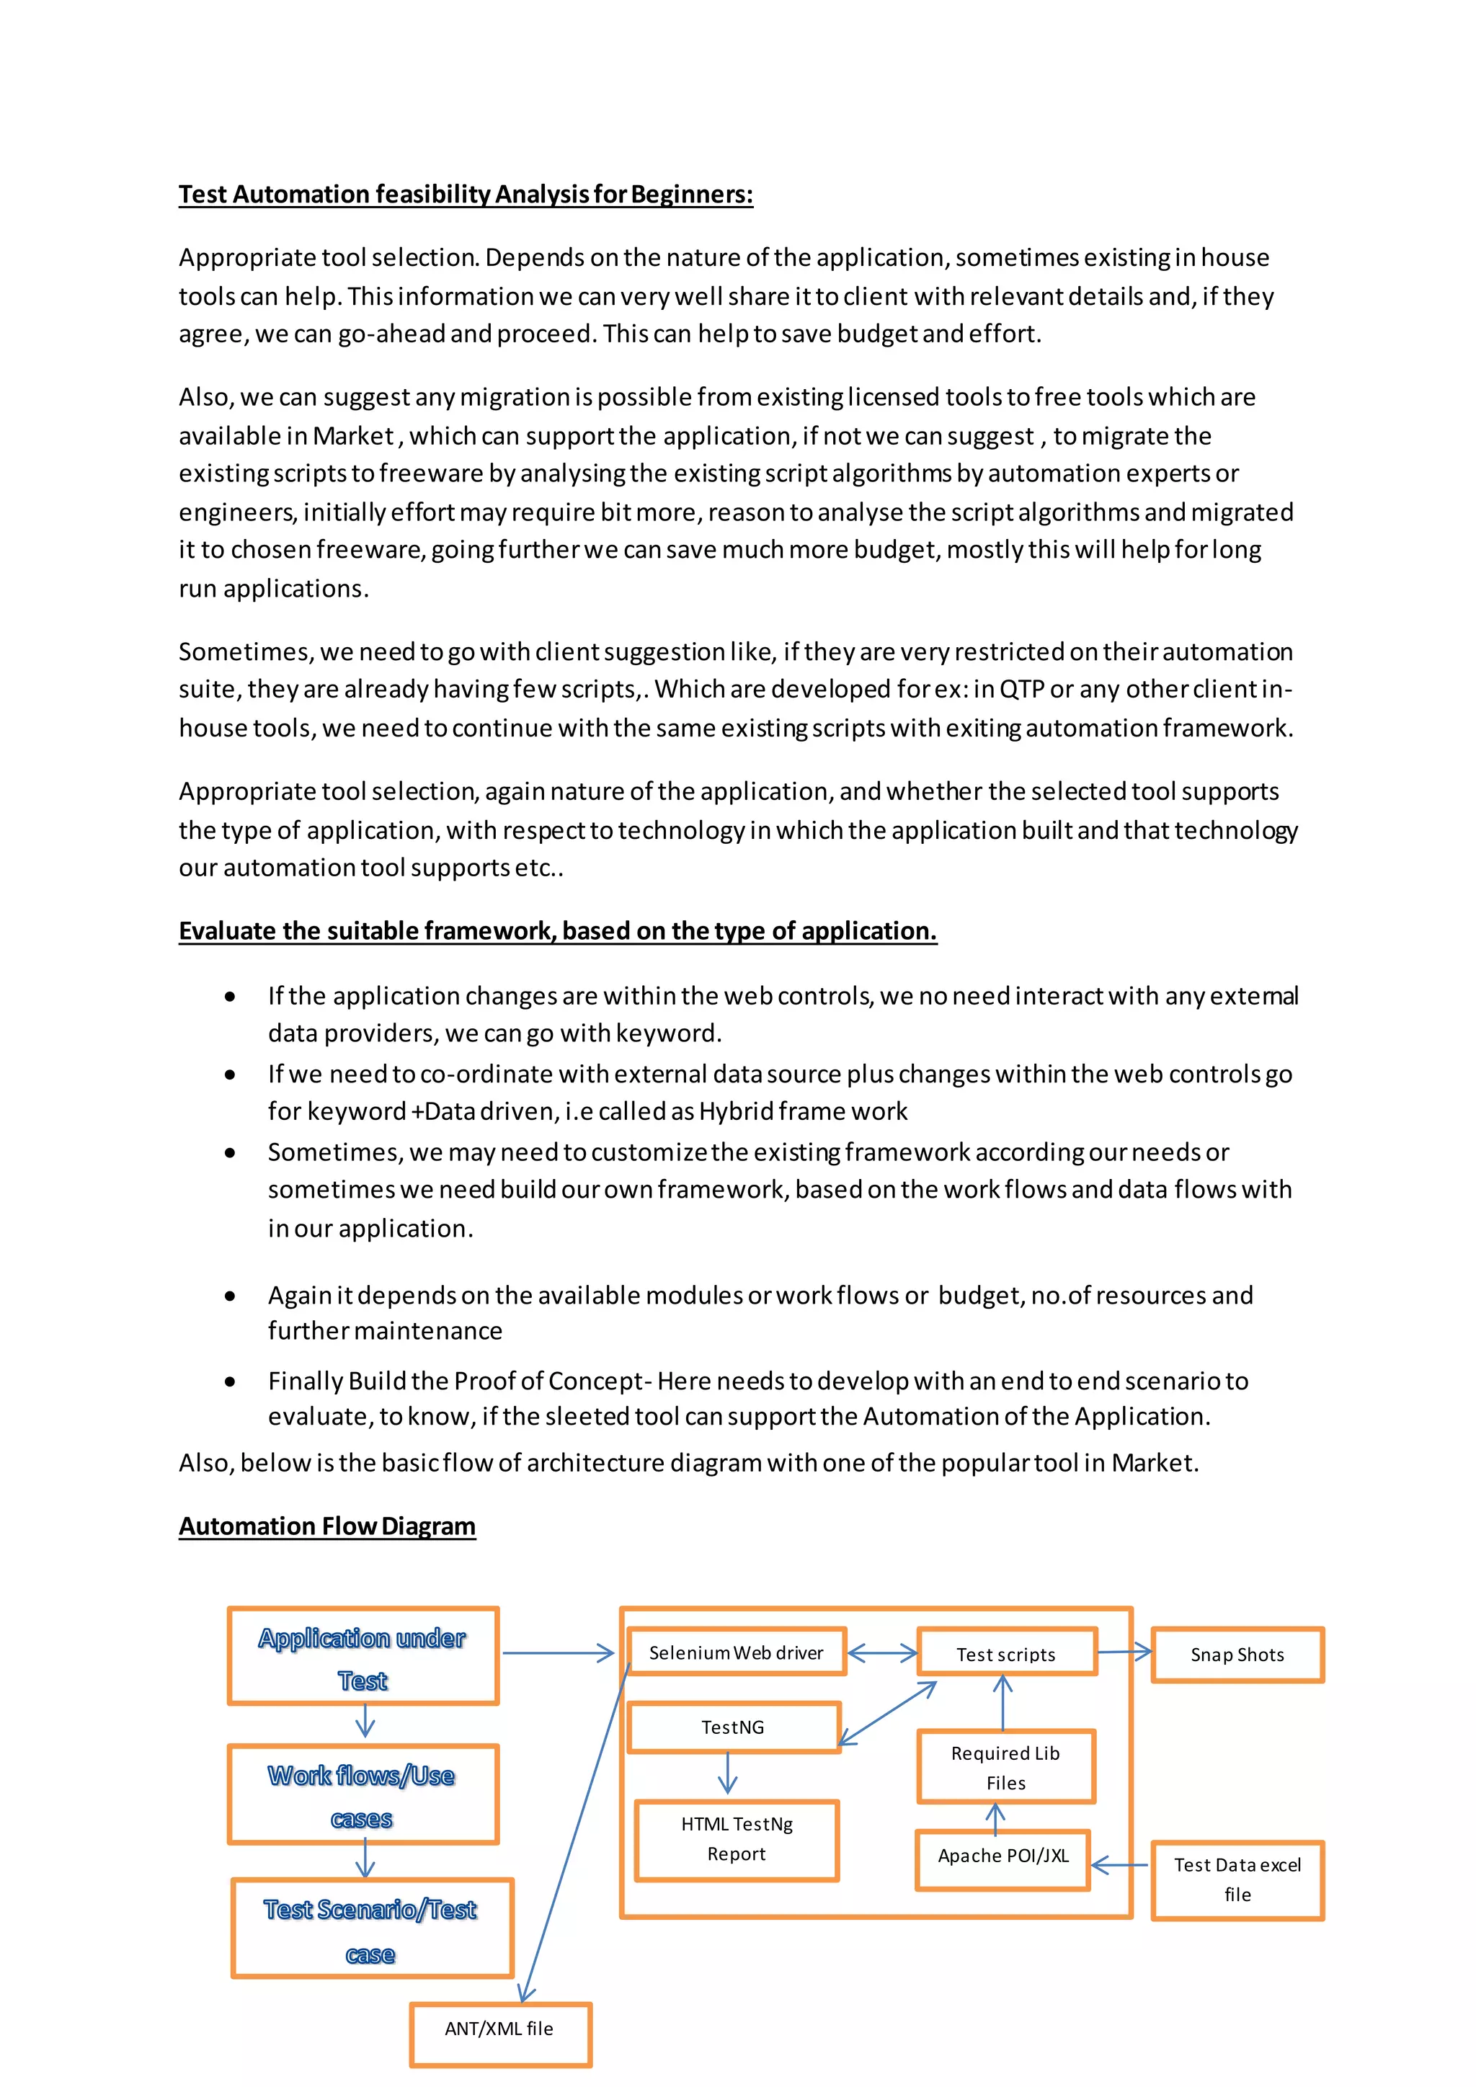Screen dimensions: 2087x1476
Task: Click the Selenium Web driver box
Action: [x=736, y=1652]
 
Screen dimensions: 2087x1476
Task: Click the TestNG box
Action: [x=734, y=1727]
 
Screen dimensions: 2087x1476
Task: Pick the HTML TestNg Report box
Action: [x=736, y=1839]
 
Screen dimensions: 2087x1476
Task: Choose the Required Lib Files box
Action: [x=1006, y=1767]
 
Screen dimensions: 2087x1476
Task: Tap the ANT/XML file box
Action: [x=500, y=2029]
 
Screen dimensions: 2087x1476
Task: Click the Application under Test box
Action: [x=363, y=1657]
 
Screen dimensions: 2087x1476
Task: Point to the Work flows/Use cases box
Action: [x=363, y=1795]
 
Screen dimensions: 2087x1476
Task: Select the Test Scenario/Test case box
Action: [x=371, y=1930]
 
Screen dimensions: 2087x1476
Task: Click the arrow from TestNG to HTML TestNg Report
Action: [x=727, y=1773]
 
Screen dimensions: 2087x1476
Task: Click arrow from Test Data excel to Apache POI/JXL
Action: [x=1120, y=1865]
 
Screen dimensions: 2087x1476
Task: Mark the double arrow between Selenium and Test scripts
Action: [x=881, y=1652]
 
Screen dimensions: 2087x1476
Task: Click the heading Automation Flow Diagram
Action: [x=327, y=1526]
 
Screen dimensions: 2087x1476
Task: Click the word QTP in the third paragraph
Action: [x=1021, y=689]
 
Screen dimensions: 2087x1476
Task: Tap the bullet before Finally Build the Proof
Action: [x=231, y=1381]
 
